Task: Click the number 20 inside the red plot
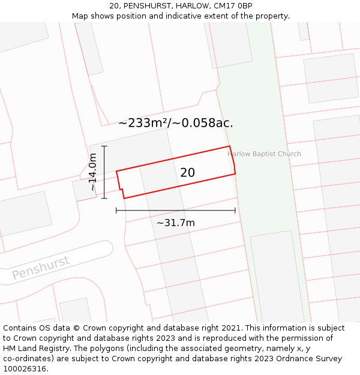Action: click(x=187, y=173)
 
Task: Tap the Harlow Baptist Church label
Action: click(x=264, y=154)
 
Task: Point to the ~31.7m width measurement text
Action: click(x=176, y=223)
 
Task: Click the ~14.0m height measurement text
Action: click(x=92, y=172)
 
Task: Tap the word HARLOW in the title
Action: click(x=191, y=6)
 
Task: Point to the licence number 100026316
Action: click(x=25, y=369)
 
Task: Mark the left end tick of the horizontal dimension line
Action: click(x=116, y=211)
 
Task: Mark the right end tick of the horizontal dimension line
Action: click(x=235, y=211)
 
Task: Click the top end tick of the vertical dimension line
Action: click(x=104, y=146)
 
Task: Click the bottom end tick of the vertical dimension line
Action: click(x=104, y=198)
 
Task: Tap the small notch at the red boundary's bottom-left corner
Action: click(x=122, y=194)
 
